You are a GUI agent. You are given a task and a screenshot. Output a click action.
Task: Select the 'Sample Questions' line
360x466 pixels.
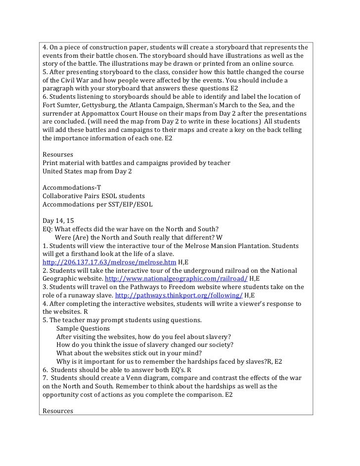pyautogui.click(x=83, y=328)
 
